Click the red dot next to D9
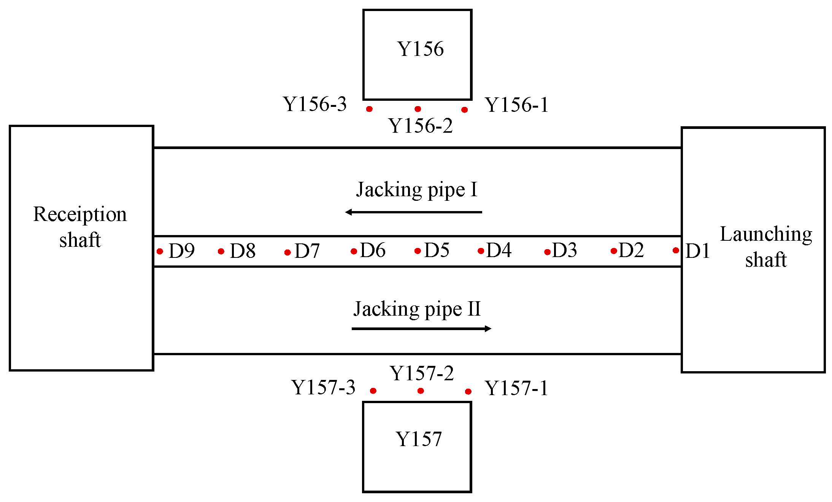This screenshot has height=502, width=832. [x=160, y=251]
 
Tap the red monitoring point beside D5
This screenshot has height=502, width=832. [x=418, y=251]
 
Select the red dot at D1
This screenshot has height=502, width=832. [x=676, y=250]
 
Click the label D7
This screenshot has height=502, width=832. [x=307, y=251]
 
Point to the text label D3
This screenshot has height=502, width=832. [x=565, y=250]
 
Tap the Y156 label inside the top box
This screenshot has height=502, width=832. [x=420, y=49]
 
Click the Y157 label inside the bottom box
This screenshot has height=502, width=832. [x=418, y=439]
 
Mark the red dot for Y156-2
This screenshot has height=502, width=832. [x=418, y=109]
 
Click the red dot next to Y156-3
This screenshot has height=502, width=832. [x=369, y=109]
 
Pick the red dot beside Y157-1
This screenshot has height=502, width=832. [x=468, y=391]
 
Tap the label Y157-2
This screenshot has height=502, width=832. [x=422, y=373]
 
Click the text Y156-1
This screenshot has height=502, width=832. [x=516, y=105]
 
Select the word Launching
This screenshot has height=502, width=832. [x=766, y=235]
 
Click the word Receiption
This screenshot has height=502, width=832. [x=80, y=214]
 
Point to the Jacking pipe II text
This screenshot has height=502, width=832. [x=417, y=309]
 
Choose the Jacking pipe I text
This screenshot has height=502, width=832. [x=416, y=189]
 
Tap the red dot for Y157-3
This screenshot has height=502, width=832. [x=373, y=391]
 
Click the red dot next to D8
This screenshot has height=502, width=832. [x=221, y=251]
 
